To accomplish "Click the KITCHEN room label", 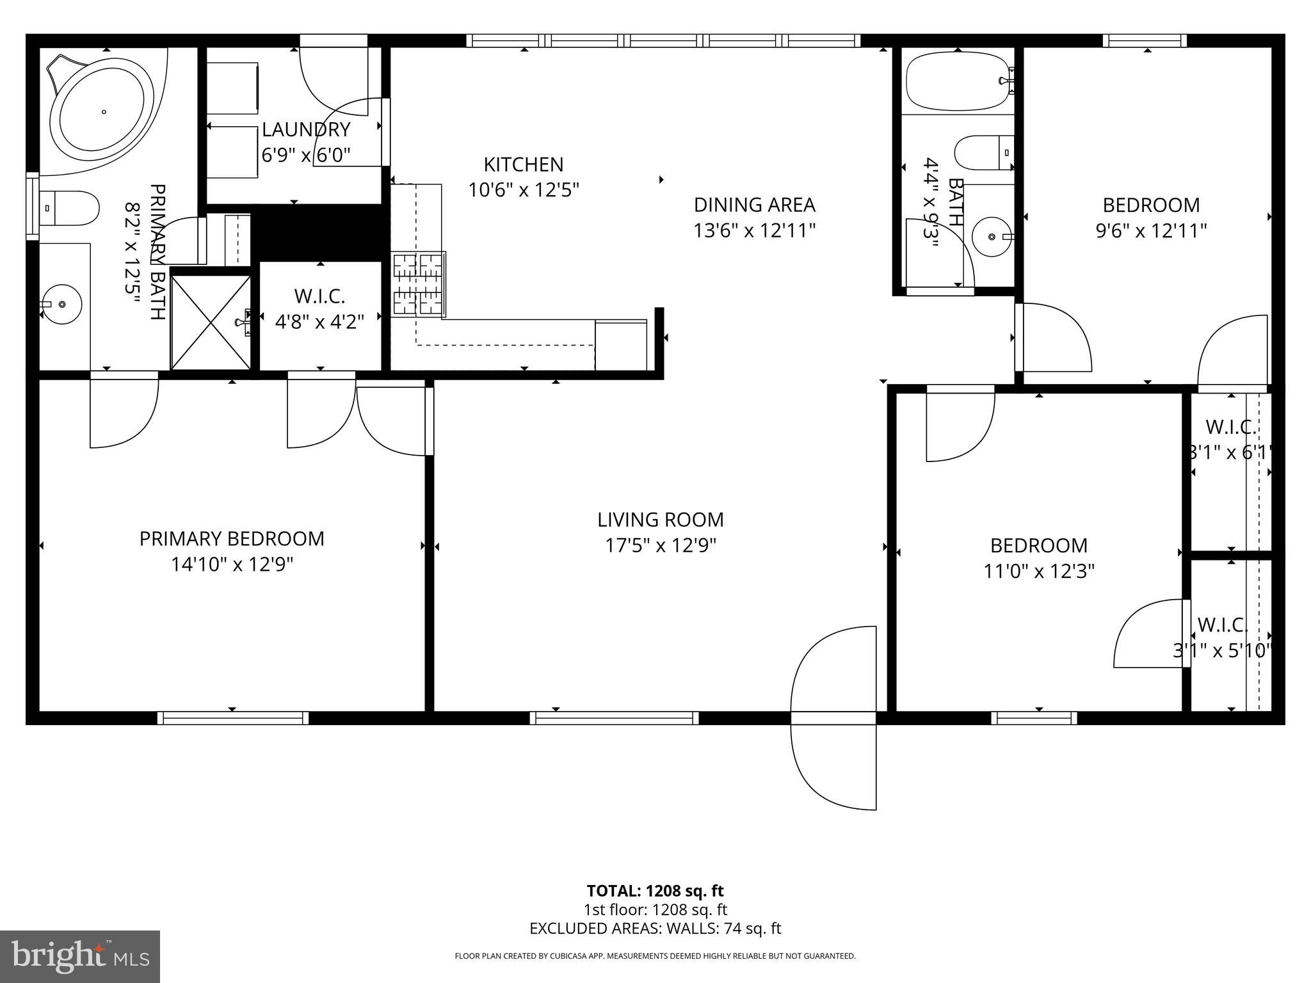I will (523, 164).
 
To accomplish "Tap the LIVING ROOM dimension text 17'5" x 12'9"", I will (660, 545).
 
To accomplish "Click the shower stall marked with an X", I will (211, 323).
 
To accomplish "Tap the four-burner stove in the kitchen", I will (419, 285).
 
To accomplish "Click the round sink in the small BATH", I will (992, 237).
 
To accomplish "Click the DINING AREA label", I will (754, 205).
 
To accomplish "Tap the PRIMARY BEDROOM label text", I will (232, 539).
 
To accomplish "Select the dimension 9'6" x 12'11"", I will (1151, 230).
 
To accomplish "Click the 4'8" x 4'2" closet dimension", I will (319, 322).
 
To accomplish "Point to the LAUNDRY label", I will (306, 130).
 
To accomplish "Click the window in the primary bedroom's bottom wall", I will (233, 718).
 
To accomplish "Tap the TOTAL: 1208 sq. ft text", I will (655, 891).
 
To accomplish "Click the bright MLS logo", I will (80, 956).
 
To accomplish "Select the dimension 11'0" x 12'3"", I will (1038, 571).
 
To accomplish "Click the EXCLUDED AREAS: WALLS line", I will (655, 929).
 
